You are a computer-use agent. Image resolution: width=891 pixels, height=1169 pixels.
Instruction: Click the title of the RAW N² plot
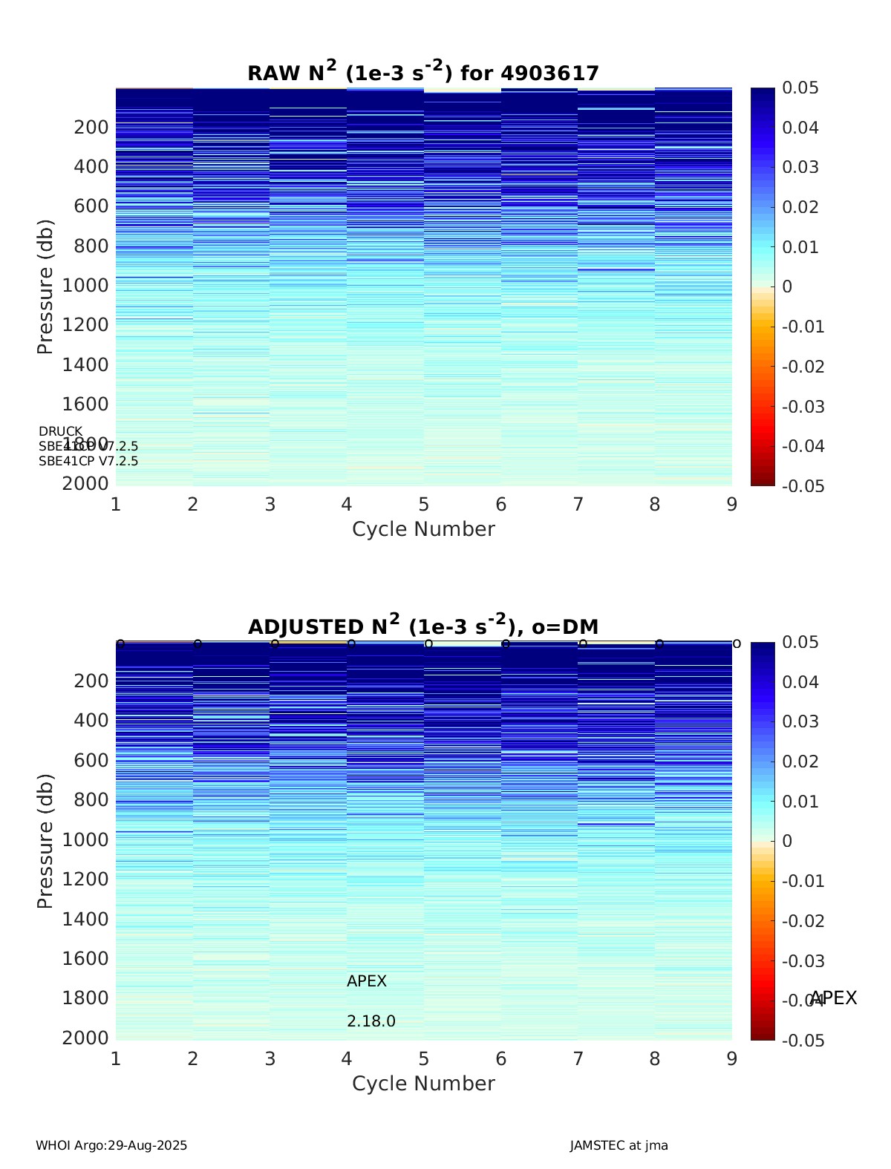pyautogui.click(x=423, y=72)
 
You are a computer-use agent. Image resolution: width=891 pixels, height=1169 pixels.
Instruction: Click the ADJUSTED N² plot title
pyautogui.click(x=423, y=626)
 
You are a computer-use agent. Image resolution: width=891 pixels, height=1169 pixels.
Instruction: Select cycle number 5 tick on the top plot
pyautogui.click(x=423, y=505)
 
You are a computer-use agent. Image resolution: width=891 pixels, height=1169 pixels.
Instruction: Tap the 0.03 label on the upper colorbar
pyautogui.click(x=800, y=167)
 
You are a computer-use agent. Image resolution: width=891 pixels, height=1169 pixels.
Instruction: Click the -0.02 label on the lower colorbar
pyautogui.click(x=803, y=921)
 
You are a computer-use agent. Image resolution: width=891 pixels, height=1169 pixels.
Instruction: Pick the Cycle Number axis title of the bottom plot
pyautogui.click(x=423, y=1084)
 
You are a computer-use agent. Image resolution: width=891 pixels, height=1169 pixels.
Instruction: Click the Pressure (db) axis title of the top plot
pyautogui.click(x=45, y=286)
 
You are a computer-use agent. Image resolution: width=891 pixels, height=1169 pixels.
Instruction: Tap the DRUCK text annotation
pyautogui.click(x=61, y=431)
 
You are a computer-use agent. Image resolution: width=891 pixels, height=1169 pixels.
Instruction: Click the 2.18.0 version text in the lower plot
pyautogui.click(x=371, y=1021)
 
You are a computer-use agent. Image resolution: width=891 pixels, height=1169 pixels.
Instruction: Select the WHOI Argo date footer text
pyautogui.click(x=111, y=1145)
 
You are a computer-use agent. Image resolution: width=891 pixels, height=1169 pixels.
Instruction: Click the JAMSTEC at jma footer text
pyautogui.click(x=619, y=1145)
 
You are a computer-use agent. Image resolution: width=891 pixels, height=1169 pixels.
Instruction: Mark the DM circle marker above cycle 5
pyautogui.click(x=428, y=644)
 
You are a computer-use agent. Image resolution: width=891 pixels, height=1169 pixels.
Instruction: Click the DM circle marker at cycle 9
pyautogui.click(x=737, y=644)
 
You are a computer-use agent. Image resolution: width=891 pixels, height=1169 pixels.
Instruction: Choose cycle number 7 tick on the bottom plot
pyautogui.click(x=578, y=1059)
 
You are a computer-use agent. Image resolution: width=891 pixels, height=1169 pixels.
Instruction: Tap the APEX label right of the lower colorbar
pyautogui.click(x=833, y=998)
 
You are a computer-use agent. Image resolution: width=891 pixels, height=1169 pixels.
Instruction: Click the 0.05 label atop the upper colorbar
pyautogui.click(x=800, y=88)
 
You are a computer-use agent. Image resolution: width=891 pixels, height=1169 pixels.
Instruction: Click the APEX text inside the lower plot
pyautogui.click(x=367, y=981)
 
